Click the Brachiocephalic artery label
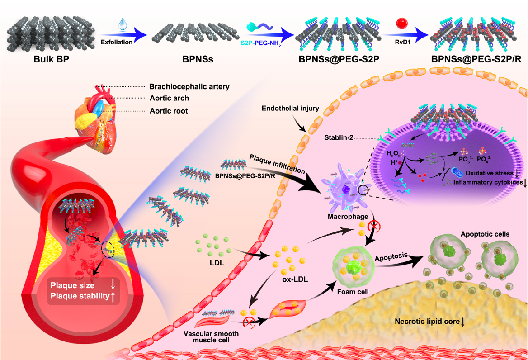click(189, 86)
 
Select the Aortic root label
click(169, 111)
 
